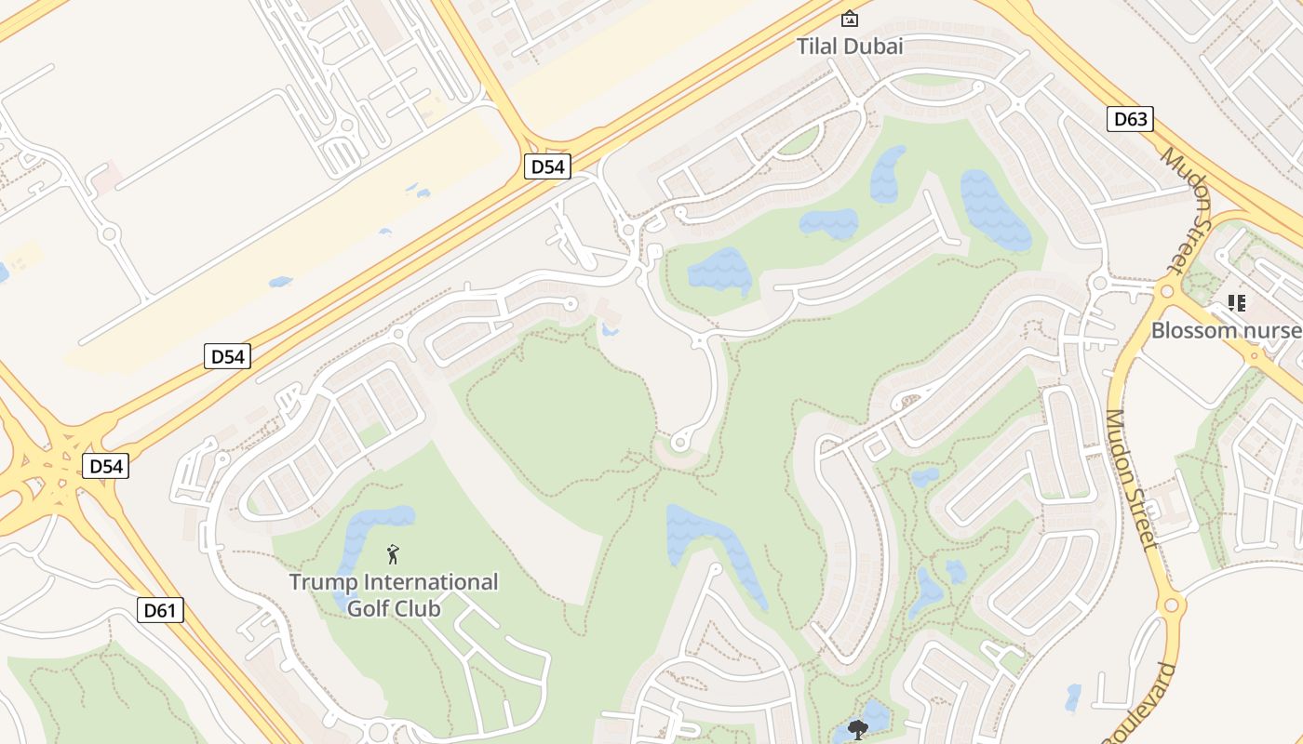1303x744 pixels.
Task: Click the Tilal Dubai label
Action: pos(850,46)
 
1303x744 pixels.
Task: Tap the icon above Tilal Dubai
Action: pos(849,19)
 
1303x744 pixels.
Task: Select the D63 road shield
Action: pos(1130,119)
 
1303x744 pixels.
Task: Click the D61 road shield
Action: pos(162,610)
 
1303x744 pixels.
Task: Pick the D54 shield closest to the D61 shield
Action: pos(105,466)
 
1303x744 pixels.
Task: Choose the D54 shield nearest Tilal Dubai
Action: pos(547,166)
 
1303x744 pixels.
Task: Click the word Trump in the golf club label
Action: pos(322,582)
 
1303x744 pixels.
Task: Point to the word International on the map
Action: pos(430,582)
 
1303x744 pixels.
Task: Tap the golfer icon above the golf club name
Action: pos(393,555)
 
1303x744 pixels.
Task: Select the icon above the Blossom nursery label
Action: pos(1237,302)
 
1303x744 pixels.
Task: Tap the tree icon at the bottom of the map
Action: pos(857,729)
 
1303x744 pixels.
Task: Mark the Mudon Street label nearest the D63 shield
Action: pos(1185,209)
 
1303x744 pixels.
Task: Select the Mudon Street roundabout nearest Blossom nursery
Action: pos(1166,291)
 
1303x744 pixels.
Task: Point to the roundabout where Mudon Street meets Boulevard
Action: pos(1171,605)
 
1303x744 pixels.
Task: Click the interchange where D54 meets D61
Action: pos(58,462)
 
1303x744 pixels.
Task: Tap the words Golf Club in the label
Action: pos(393,608)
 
